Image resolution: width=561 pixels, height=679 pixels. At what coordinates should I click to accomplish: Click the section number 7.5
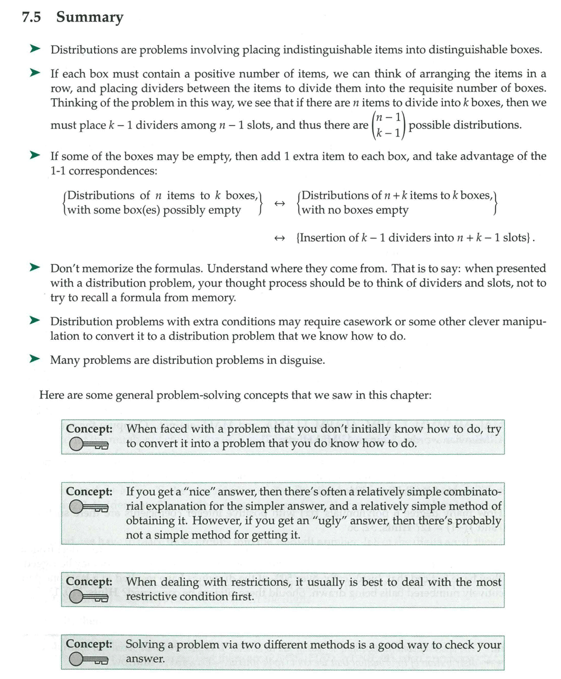point(33,18)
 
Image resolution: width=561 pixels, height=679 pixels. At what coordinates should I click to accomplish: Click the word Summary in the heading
point(89,18)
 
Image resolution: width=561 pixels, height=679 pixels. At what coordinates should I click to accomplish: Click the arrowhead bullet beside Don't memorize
point(35,269)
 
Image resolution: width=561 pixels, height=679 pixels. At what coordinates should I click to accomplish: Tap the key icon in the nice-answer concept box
point(88,508)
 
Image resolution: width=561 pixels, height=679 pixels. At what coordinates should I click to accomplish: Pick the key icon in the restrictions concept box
point(88,597)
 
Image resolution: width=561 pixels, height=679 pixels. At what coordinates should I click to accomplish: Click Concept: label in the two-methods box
point(89,645)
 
